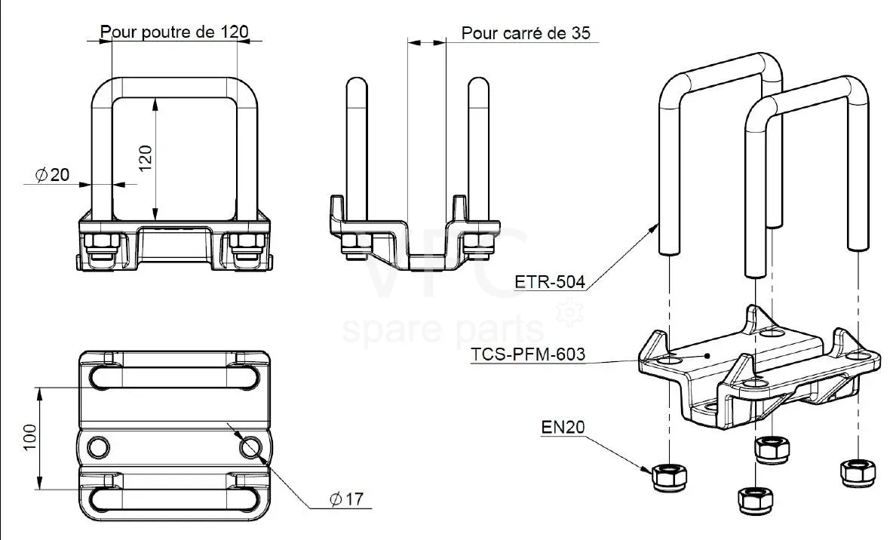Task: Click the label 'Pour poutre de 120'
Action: click(174, 32)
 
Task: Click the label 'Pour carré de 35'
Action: click(526, 33)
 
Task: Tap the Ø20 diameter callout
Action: click(52, 175)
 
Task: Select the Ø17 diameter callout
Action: click(346, 499)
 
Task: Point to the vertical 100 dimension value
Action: click(30, 437)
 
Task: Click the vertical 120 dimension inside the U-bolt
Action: click(146, 158)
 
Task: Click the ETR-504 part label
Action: click(550, 282)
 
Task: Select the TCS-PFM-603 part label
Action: click(528, 354)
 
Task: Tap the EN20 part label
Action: click(563, 427)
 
